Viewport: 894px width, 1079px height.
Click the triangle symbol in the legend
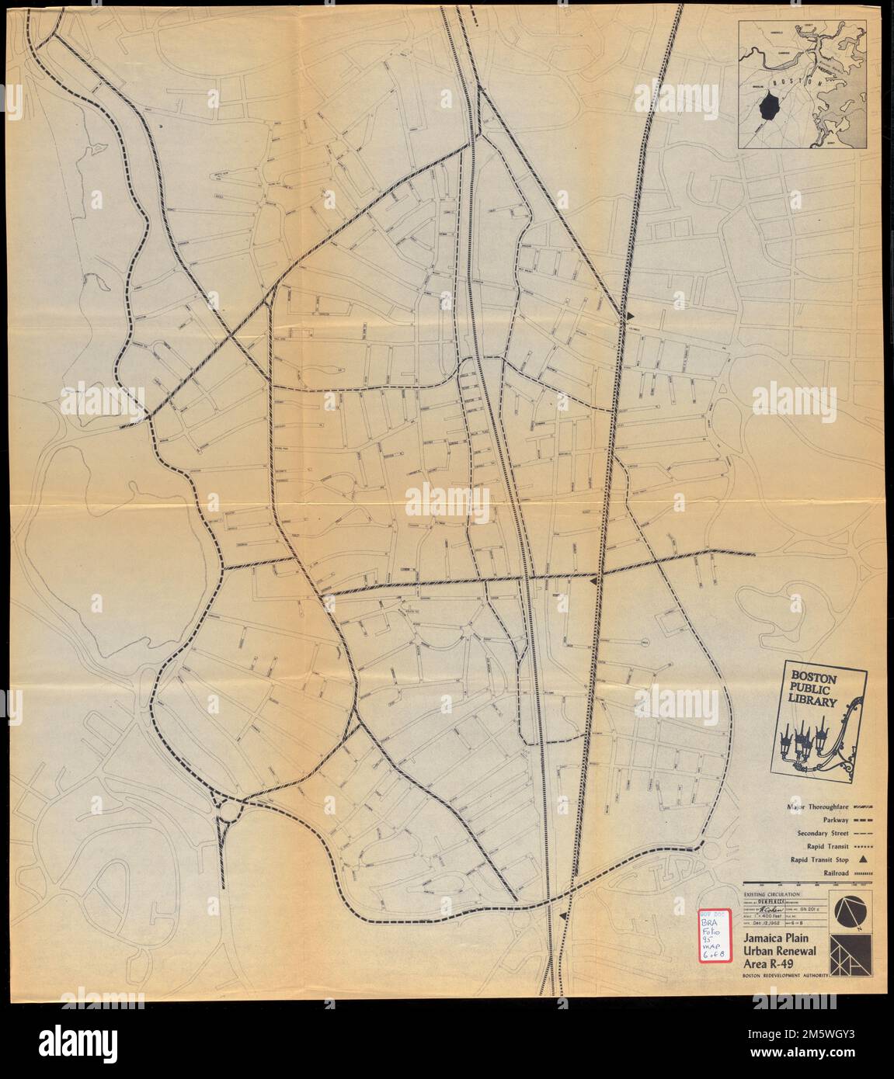[x=862, y=860]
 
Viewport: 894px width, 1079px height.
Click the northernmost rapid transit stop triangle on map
[x=631, y=316]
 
